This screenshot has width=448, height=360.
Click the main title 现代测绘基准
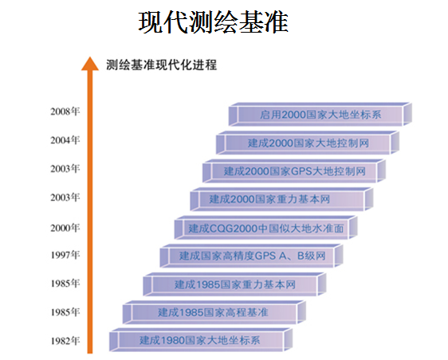[213, 22]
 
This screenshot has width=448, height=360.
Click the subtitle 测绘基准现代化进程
[162, 65]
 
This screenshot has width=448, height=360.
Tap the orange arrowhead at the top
[90, 64]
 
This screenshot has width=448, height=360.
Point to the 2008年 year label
[65, 111]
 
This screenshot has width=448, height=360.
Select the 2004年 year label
[65, 140]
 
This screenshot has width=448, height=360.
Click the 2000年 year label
[65, 228]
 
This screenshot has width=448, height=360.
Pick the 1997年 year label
[65, 254]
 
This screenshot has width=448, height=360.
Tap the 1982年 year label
[65, 341]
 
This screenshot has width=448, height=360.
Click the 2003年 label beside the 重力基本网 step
[65, 197]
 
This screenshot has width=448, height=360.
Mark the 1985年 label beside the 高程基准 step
[65, 311]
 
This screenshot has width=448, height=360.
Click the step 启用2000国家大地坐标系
[320, 114]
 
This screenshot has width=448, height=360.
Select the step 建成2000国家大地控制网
[308, 143]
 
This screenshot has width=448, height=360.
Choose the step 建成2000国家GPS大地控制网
[294, 171]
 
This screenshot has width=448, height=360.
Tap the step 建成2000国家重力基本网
[281, 199]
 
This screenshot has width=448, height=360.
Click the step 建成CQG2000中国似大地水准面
[266, 228]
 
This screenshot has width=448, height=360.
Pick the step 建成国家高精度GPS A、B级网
[251, 256]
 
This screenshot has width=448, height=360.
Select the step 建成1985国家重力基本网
[234, 284]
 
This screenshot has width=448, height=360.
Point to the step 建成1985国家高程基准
[214, 312]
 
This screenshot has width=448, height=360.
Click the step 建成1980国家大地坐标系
[201, 340]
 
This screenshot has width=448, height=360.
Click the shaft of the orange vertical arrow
[90, 212]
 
